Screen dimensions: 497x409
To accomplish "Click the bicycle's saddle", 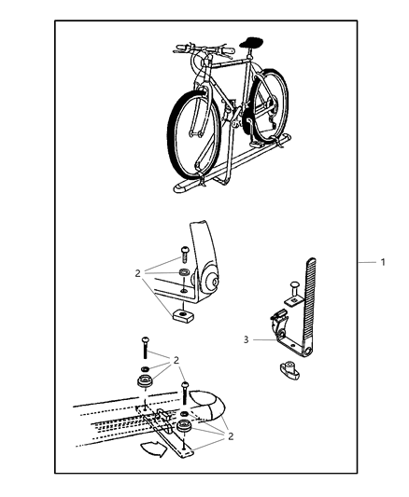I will [x=250, y=40].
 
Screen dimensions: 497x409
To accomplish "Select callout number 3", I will [x=246, y=340].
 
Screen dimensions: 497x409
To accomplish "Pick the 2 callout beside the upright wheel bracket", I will [x=137, y=274].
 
